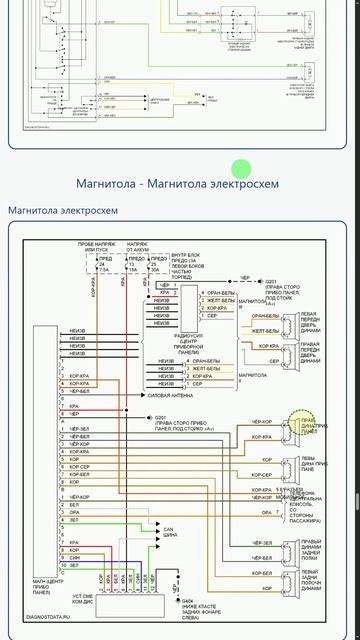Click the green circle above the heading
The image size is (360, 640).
coord(240,168)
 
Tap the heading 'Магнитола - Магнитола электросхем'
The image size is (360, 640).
coord(177,183)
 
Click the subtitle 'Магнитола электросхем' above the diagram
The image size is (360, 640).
coord(63,210)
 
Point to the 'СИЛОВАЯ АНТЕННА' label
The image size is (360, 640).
coord(171,396)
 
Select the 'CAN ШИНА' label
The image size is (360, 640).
coord(170,530)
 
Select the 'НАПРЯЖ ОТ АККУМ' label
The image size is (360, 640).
coord(137,245)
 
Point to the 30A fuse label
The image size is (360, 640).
coord(154,269)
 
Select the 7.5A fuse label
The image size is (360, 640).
coord(104,269)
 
